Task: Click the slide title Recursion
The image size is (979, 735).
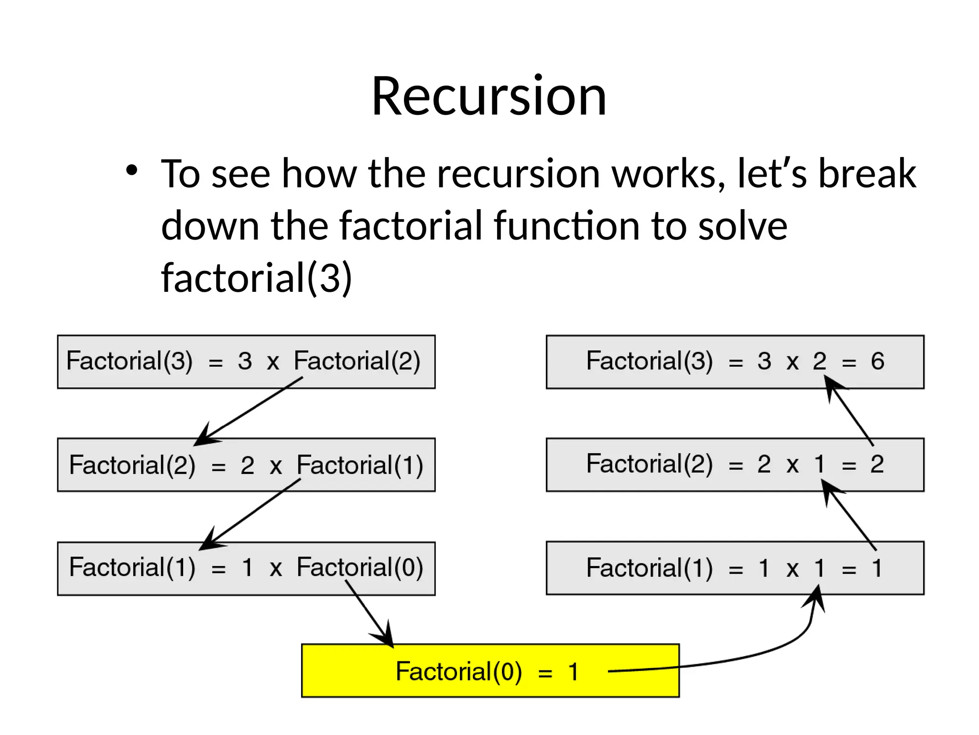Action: coord(489,96)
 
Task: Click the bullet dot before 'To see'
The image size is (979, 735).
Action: coord(132,171)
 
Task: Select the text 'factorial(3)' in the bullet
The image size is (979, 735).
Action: coord(257,278)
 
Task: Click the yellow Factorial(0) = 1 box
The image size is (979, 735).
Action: coord(490,670)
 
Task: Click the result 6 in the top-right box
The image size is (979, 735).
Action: coord(877,361)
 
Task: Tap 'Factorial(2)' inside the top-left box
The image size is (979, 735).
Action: coord(357,361)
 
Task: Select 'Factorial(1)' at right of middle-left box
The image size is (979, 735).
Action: coord(359,465)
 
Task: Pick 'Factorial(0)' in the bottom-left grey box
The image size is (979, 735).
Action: coord(359,568)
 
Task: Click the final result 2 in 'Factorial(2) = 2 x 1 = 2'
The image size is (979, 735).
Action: coord(877,464)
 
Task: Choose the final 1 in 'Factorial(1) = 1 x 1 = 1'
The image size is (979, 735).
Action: coord(877,568)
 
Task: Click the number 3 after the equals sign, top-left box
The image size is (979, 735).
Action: coord(245,361)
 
